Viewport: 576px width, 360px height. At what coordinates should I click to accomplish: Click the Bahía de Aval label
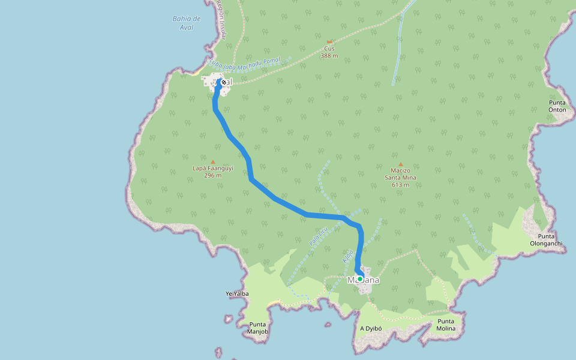pos(186,23)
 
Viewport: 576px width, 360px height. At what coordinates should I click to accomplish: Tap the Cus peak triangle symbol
pos(329,41)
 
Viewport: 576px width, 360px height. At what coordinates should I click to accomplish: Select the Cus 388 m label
pos(329,52)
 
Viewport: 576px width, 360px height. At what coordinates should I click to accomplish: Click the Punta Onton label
pos(557,106)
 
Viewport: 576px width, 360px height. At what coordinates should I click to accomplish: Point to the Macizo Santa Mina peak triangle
pos(401,164)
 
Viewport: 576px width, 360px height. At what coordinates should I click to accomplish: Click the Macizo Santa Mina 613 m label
pos(401,178)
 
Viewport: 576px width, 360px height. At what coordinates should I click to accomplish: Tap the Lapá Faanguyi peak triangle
pos(212,162)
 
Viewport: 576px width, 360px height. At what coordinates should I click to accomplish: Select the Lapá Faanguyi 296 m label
pos(212,172)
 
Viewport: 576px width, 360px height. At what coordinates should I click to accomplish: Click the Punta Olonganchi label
pos(546,239)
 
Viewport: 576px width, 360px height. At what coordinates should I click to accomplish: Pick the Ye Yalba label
pos(236,294)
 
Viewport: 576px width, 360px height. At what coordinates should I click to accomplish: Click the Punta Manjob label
pos(257,328)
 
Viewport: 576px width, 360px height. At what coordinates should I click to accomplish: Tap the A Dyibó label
pos(371,329)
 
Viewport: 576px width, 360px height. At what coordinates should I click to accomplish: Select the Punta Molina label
pos(446,325)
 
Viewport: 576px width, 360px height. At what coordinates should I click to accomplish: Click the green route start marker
pos(360,278)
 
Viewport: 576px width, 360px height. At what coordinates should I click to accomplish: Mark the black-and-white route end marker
pos(223,82)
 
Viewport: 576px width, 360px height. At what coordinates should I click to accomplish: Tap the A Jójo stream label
pos(347,257)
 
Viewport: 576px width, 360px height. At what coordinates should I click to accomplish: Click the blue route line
pos(276,198)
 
